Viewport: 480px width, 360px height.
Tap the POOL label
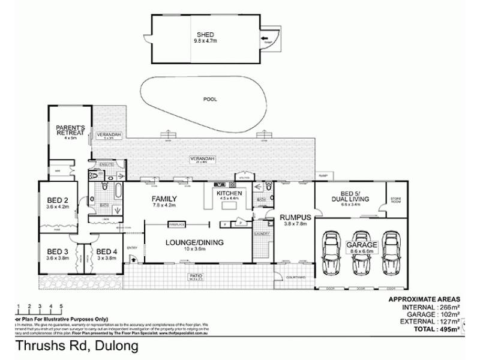pos(209,99)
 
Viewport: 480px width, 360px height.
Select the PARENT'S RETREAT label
pos(71,130)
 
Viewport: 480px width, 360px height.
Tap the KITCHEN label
pos(230,194)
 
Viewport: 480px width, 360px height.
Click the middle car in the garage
pos(361,252)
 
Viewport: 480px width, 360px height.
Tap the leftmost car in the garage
pos(332,252)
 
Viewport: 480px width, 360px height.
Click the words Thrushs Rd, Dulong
pos(76,346)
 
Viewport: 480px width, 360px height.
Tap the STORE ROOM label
pos(395,199)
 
